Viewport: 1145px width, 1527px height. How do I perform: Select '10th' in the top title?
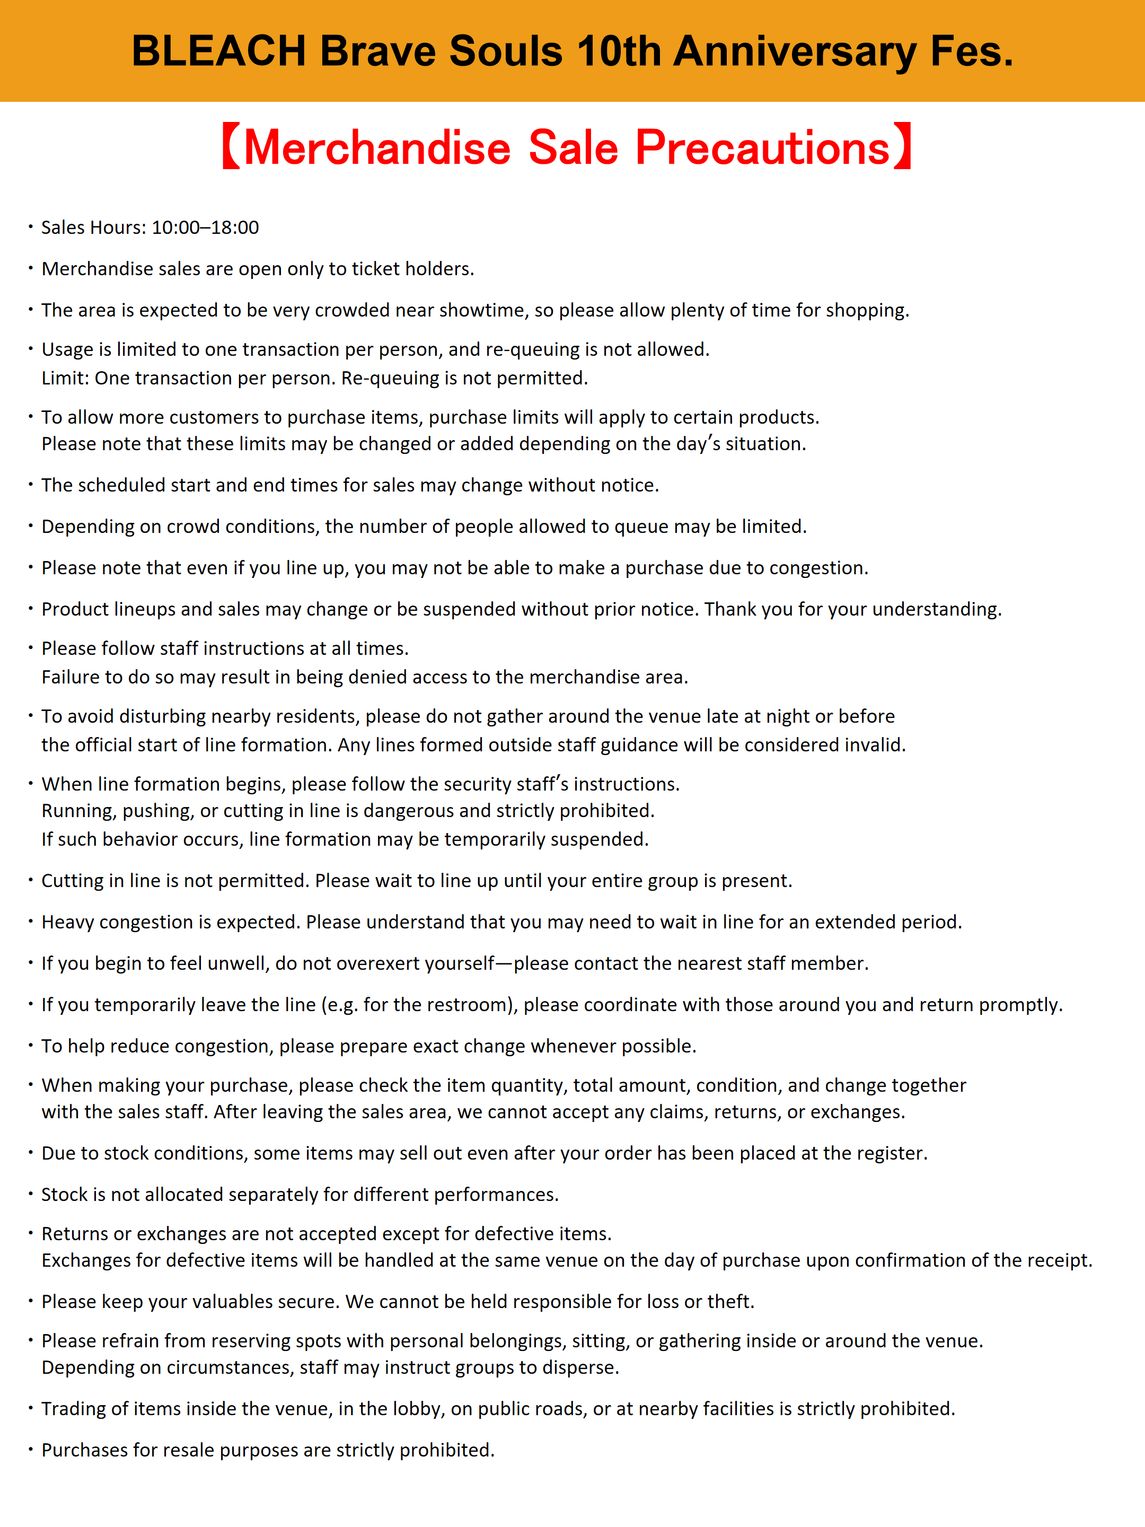[619, 51]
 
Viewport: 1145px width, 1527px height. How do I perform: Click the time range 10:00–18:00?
[205, 228]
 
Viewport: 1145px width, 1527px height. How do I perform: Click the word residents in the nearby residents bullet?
[318, 716]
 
